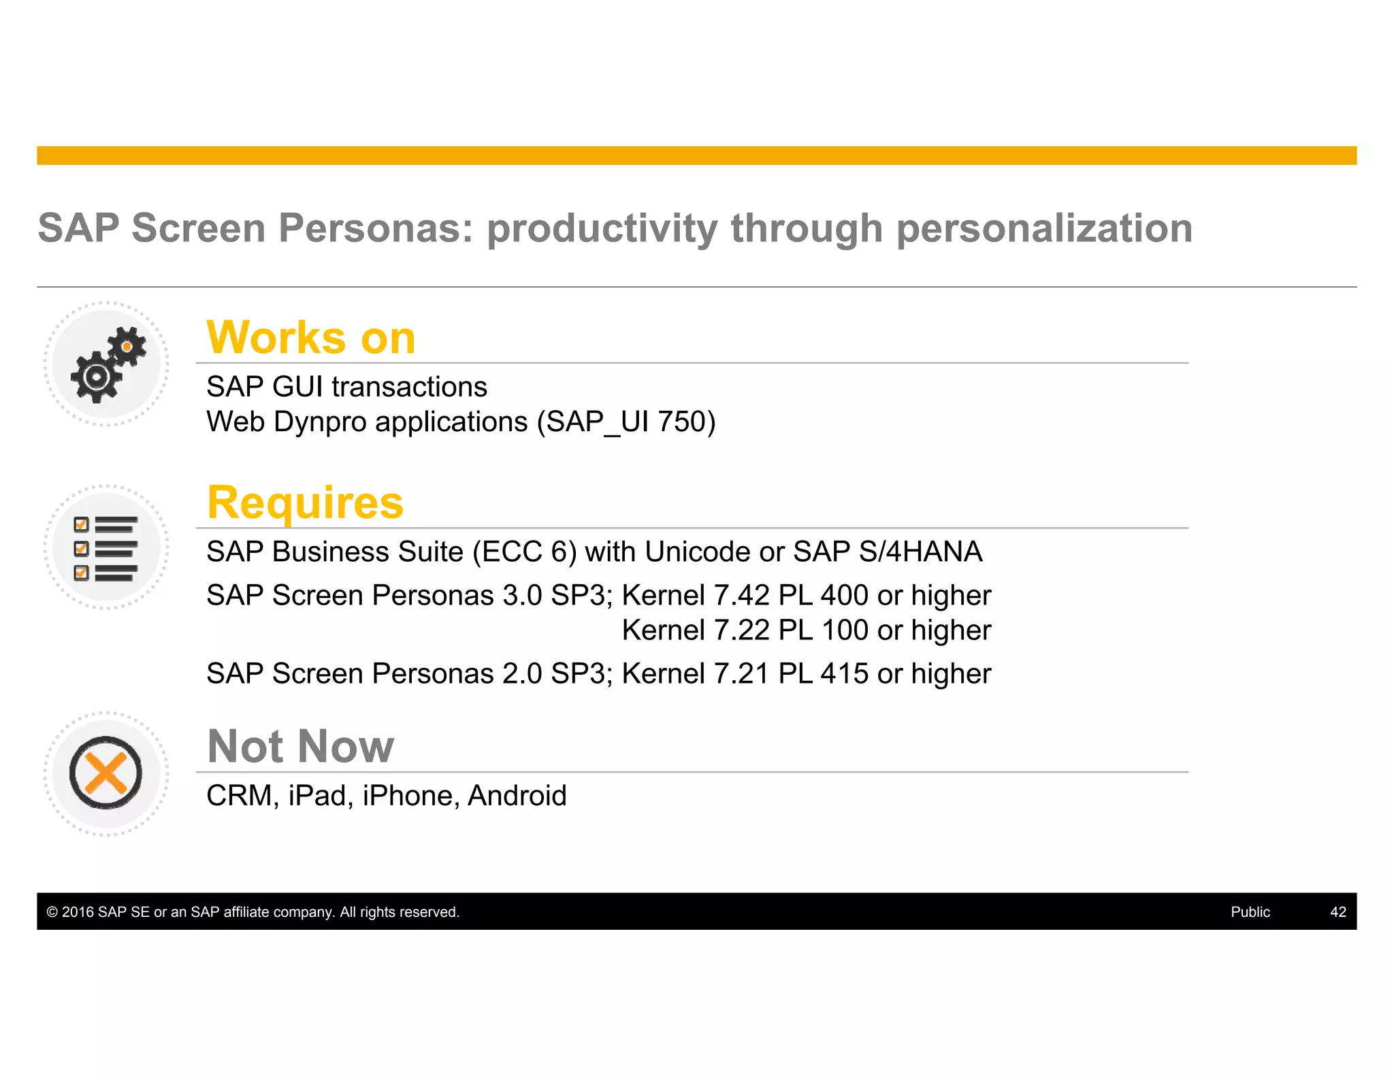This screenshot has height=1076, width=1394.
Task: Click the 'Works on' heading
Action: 311,338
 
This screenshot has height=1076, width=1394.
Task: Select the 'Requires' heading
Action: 306,503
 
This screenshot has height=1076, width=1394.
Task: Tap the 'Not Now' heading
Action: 300,747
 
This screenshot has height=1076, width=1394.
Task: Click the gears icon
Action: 107,365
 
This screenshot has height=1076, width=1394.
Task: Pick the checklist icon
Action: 106,548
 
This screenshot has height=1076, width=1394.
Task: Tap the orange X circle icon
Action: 106,773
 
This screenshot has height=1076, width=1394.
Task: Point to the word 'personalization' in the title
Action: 1044,228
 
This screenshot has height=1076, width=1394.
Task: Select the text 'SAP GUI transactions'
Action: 346,387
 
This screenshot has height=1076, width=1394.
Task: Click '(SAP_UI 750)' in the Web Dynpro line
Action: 626,422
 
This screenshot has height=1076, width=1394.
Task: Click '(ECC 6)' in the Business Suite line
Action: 525,552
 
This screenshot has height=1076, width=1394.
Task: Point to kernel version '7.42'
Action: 741,596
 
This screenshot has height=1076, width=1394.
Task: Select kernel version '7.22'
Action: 741,631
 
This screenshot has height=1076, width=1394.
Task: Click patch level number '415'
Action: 844,674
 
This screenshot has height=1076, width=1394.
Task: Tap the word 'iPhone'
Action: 407,796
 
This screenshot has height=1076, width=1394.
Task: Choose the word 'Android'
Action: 517,796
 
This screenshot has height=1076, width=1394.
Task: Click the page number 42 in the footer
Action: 1338,912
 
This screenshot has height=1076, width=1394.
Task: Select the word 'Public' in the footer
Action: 1250,912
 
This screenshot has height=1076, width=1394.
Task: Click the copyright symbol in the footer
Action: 52,912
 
